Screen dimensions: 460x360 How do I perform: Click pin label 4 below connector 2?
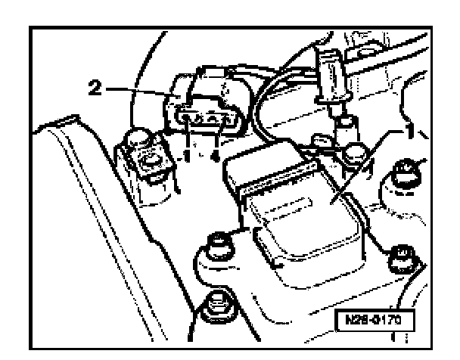pos(218,154)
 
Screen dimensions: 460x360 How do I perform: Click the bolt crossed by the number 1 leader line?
pos(353,156)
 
